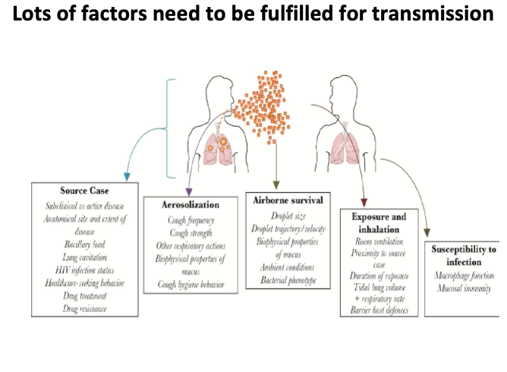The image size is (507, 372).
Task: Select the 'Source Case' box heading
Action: [x=84, y=190]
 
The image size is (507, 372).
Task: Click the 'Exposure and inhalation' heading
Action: [x=379, y=222]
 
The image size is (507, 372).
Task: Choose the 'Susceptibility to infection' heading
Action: [x=464, y=255]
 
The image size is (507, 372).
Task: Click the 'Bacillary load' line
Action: [x=84, y=244]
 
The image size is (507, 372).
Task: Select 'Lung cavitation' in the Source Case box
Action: [x=84, y=257]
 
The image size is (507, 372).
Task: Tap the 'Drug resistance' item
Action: [x=84, y=309]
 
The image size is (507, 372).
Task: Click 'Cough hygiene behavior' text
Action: [x=190, y=282]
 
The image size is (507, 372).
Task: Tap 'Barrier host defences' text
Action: [x=379, y=311]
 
